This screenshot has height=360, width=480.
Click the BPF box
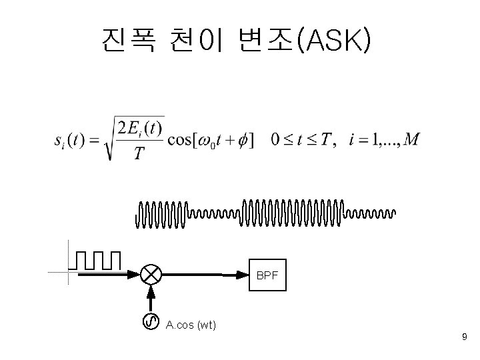(x=267, y=275)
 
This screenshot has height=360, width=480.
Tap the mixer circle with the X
(x=151, y=273)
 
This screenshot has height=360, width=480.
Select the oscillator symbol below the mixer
(x=151, y=322)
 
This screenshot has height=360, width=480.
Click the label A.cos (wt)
(x=191, y=325)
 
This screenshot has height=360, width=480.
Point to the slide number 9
(x=464, y=339)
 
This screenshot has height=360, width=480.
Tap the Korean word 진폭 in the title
(x=129, y=41)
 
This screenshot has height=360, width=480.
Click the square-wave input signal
(x=98, y=261)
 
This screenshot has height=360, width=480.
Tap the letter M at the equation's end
(x=412, y=140)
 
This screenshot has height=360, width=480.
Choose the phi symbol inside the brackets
(x=243, y=141)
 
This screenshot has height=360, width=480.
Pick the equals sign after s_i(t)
(x=95, y=141)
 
